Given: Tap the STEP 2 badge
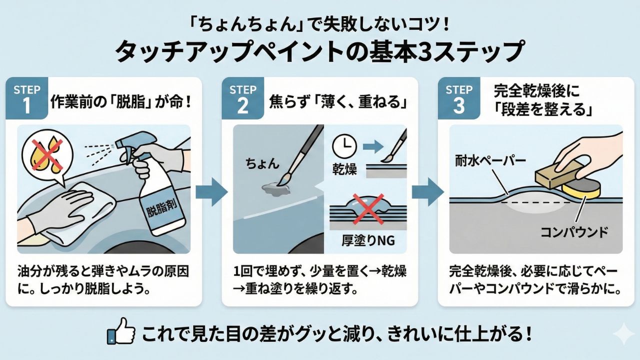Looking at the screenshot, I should point(242,98).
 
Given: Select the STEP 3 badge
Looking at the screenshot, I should point(458,98).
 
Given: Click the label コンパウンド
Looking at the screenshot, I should point(574,232).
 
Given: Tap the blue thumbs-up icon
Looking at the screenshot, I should point(118,334).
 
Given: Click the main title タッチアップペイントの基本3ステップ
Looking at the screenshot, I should point(320,51).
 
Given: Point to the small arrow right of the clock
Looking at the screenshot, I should point(371,146).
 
